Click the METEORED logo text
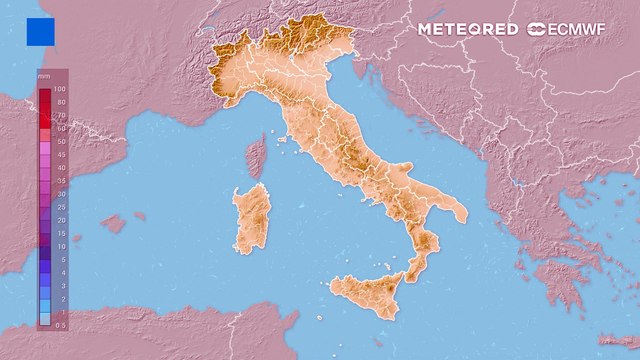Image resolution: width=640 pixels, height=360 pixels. tap(467, 29)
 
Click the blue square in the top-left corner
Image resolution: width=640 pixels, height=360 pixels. tap(40, 31)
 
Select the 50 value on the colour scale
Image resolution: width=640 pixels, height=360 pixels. tap(61, 142)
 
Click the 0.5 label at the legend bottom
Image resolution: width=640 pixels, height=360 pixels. tap(61, 324)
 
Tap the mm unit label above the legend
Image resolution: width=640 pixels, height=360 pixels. tap(43, 76)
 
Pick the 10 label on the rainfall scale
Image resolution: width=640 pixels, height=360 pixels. tap(61, 246)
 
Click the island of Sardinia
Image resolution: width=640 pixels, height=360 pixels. tap(251, 218)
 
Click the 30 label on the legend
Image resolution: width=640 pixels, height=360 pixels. tap(61, 194)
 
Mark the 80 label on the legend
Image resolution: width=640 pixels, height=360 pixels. tap(61, 103)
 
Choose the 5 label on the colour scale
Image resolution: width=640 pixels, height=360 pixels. tap(61, 259)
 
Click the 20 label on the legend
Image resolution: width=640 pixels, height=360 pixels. tap(61, 220)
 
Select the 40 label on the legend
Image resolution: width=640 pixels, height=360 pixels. tap(61, 168)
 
